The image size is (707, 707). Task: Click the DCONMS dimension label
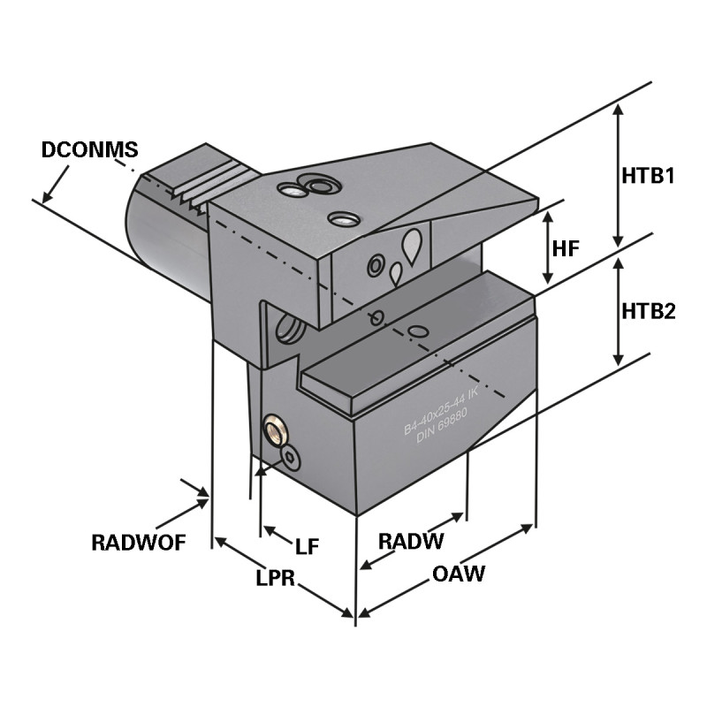point(90,149)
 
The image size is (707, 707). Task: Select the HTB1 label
point(648,175)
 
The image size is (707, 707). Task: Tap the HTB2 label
point(648,310)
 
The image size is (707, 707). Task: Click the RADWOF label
point(139,542)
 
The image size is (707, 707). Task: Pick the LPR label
point(275,578)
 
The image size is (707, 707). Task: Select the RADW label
point(410,541)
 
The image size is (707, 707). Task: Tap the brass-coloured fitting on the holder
point(274,432)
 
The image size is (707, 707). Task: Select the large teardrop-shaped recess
point(412,243)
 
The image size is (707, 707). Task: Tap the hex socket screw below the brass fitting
point(291,457)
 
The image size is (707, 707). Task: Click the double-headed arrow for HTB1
point(619,175)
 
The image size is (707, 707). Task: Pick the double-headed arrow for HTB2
point(619,310)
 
